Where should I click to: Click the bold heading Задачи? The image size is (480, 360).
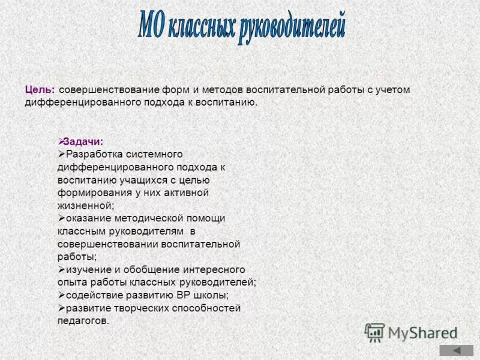tap(83, 142)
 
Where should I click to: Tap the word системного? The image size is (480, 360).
tap(152, 154)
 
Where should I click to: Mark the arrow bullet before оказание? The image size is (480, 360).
tap(61, 218)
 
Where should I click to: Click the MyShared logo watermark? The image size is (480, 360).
tap(411, 332)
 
